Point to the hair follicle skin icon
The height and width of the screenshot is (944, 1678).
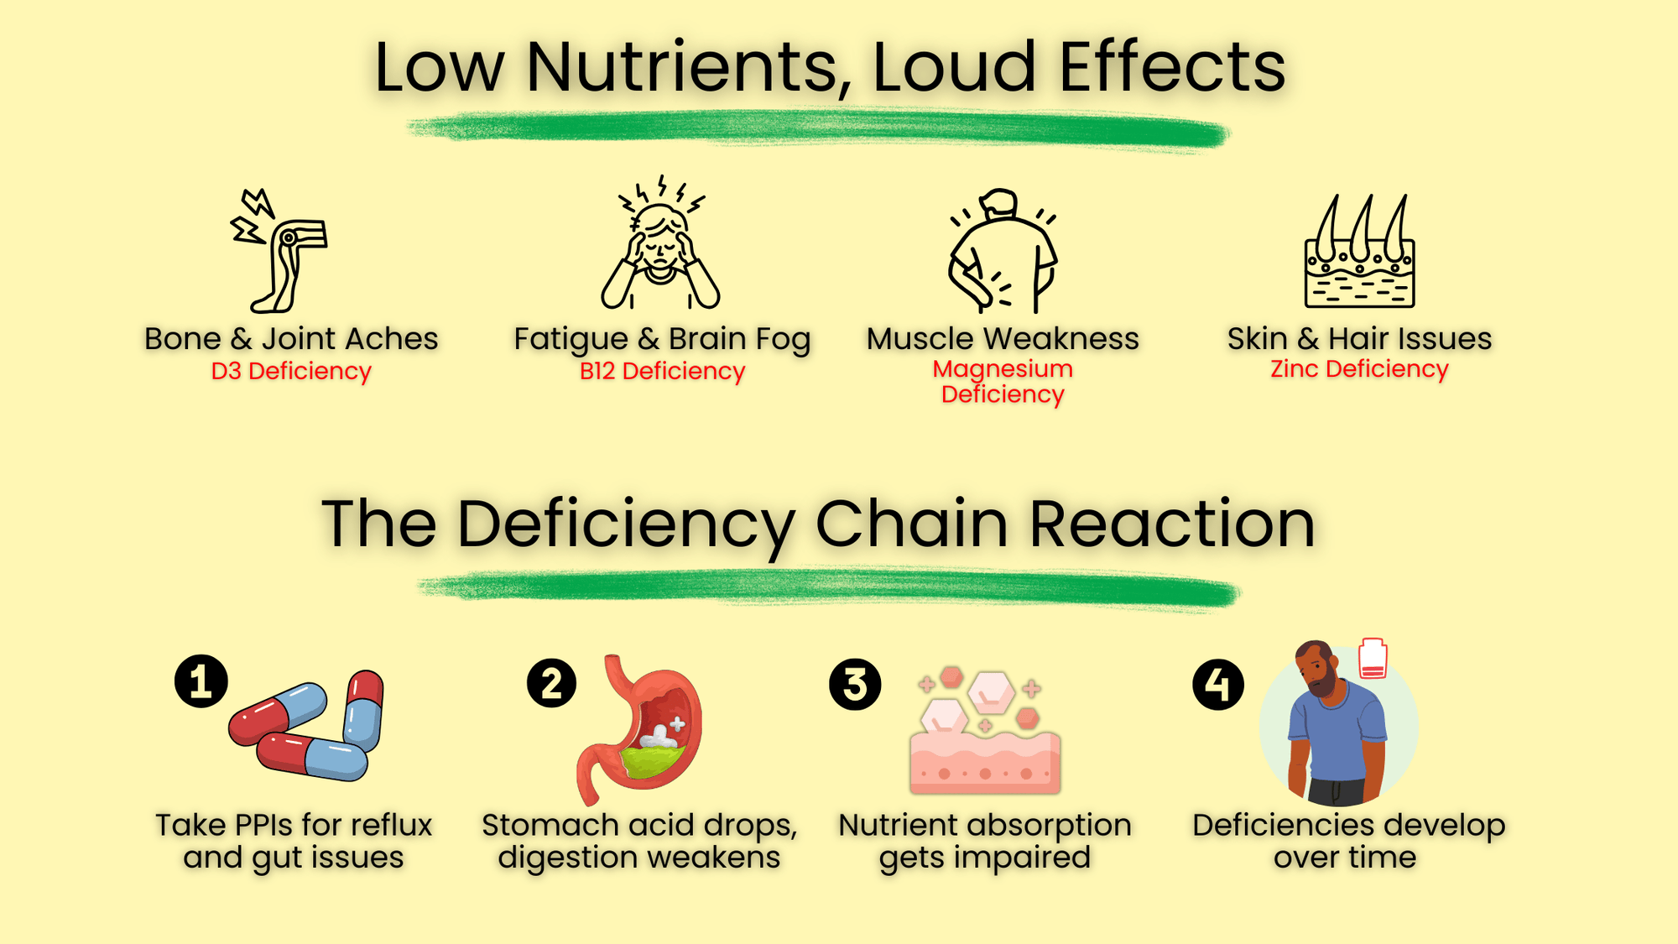1359,252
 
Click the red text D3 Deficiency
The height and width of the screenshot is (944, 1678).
291,371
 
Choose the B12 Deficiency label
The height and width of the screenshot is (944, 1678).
662,371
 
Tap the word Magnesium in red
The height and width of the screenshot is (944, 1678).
1003,368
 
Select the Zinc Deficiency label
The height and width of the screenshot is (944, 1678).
1359,368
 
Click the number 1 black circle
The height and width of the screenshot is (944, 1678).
201,681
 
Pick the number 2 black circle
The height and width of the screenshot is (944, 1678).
551,683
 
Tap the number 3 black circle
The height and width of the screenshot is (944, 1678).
855,685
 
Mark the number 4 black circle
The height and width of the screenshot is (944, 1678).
1218,685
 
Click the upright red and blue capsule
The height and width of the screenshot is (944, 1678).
364,709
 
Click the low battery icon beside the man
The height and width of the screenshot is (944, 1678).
1373,659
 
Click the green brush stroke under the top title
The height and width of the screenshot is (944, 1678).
818,130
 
